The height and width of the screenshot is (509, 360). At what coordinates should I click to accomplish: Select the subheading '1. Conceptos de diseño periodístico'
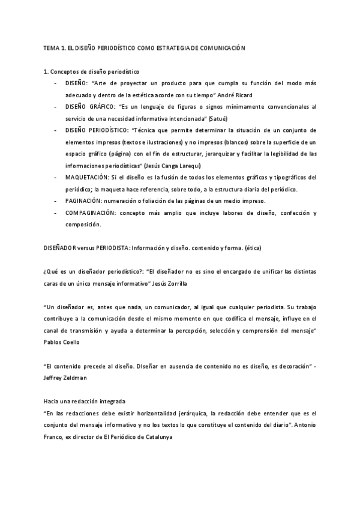click(91, 72)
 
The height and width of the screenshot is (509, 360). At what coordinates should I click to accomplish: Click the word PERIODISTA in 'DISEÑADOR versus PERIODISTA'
click(112, 248)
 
